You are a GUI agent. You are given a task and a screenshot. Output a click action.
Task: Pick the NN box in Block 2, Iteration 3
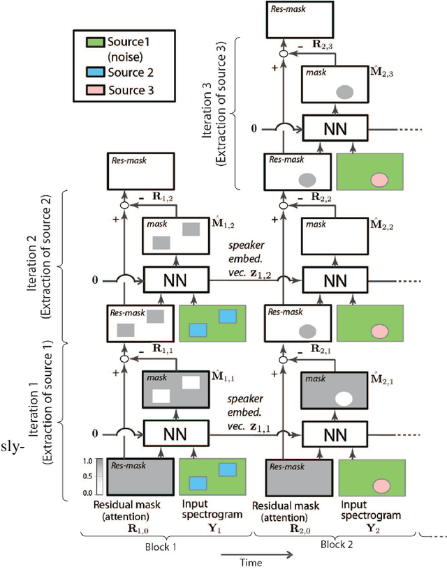pos(335,130)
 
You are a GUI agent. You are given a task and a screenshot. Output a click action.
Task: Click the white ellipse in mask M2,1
pos(343,398)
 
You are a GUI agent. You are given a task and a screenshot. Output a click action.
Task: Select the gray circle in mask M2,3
pos(343,91)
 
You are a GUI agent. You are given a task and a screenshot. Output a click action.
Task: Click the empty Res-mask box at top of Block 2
pos(296,19)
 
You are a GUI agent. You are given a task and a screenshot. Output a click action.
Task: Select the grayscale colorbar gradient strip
pos(101,477)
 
